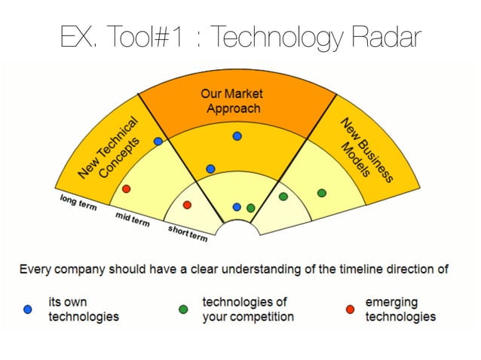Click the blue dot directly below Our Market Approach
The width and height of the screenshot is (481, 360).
(237, 136)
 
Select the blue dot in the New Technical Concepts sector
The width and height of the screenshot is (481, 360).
(158, 142)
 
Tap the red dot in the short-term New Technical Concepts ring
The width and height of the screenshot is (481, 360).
(187, 205)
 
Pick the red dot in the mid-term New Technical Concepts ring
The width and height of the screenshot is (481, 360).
(126, 188)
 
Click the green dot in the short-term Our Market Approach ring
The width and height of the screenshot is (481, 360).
(251, 208)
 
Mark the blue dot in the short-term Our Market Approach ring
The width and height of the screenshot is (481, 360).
(237, 206)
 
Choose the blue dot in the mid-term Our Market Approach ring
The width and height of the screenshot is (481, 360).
(210, 169)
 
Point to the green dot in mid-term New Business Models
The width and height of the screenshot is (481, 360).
(322, 194)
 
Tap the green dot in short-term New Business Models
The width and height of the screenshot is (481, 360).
(283, 197)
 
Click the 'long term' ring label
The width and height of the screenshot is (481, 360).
(78, 203)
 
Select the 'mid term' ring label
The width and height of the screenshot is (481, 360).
(132, 219)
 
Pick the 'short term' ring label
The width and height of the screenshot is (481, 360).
(187, 233)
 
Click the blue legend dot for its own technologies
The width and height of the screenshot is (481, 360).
(29, 310)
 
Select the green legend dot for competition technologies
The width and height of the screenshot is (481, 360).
(183, 310)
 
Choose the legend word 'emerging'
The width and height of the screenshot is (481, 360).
(391, 302)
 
